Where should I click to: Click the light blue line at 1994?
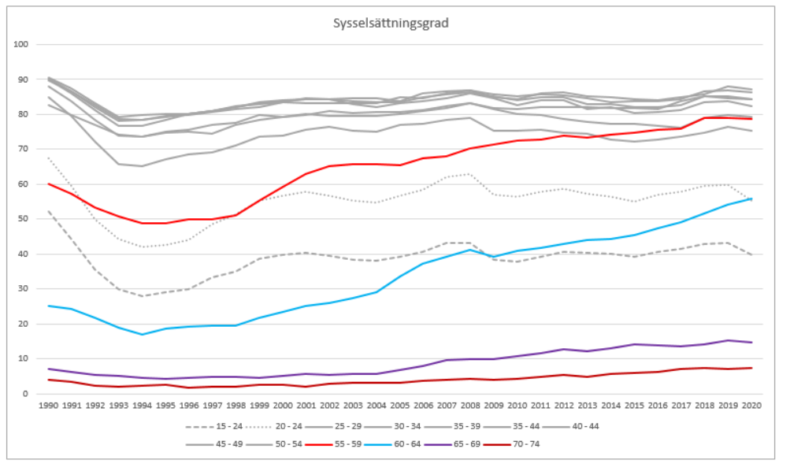[x=142, y=334]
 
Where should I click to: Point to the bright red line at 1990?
[x=49, y=184]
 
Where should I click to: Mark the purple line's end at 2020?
[x=750, y=342]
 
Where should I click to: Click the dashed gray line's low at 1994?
[x=142, y=296]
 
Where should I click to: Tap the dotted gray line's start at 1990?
[x=49, y=158]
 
